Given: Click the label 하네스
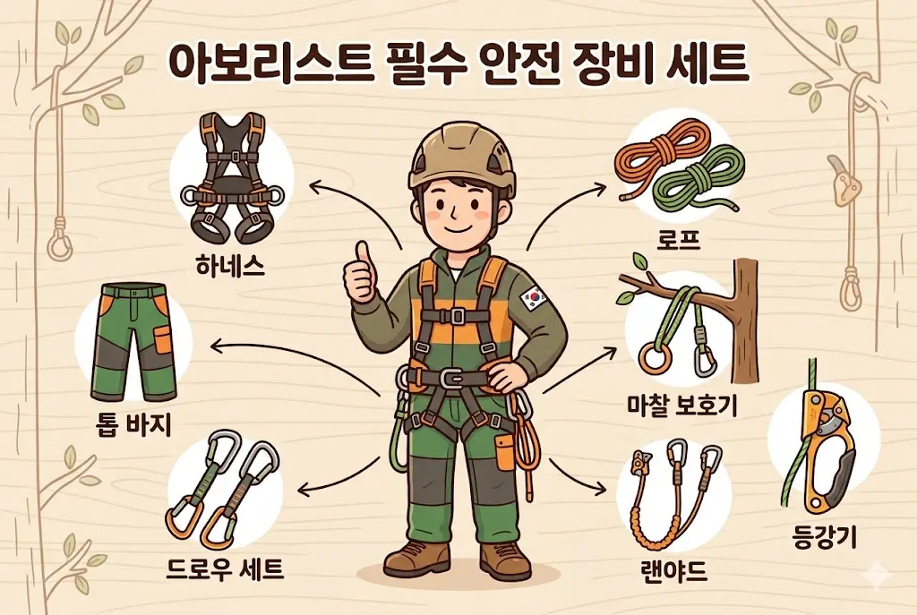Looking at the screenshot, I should click(229, 266).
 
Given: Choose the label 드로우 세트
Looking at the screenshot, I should click(226, 567).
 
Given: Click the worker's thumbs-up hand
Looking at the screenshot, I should click(361, 273).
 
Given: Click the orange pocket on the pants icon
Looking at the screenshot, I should click(161, 340).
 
